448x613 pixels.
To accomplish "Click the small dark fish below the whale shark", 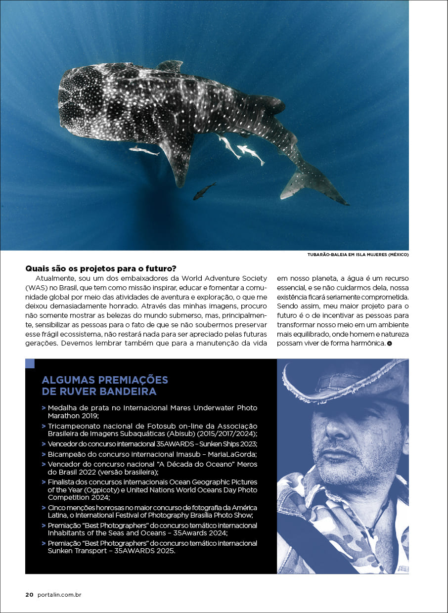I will [204, 191].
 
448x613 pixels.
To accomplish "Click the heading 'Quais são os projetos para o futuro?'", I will [101, 269].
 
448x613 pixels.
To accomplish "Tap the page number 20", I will [29, 595].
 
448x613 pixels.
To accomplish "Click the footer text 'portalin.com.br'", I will [59, 595].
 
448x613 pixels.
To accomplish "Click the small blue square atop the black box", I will [30, 364].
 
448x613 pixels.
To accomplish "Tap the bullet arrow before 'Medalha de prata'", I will [44, 408].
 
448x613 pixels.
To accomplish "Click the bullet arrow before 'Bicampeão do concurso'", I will [44, 454].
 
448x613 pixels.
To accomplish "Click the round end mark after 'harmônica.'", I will [390, 343].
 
